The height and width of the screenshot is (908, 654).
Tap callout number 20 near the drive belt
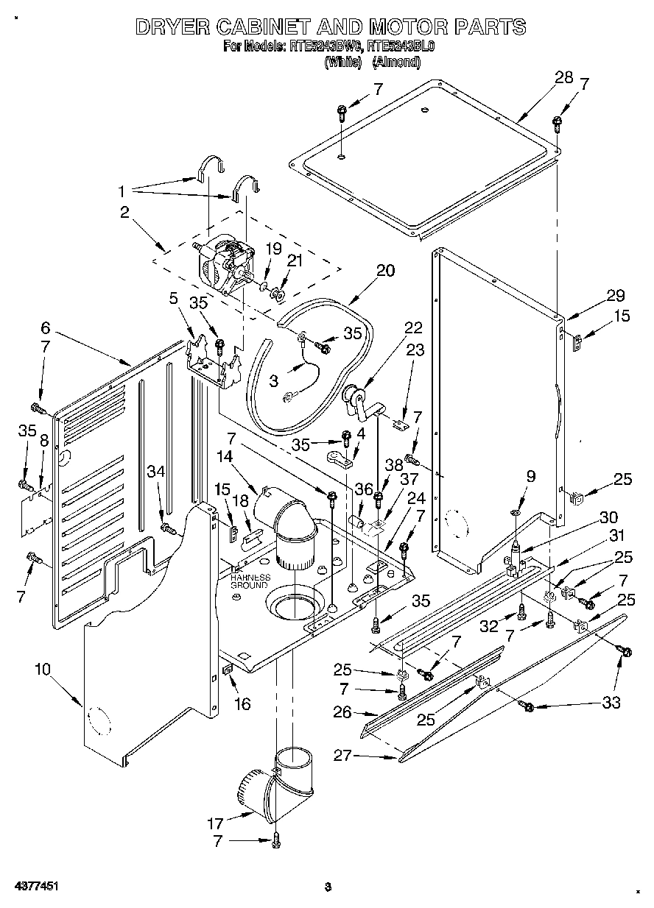[x=385, y=271]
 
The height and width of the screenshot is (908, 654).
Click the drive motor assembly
[x=223, y=267]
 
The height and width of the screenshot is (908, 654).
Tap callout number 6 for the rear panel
[x=45, y=327]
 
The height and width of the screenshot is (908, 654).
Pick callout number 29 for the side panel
[x=615, y=297]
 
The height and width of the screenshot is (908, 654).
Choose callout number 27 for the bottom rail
[x=361, y=754]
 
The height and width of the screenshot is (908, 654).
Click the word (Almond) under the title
[x=396, y=63]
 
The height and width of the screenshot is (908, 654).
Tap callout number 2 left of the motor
[x=124, y=213]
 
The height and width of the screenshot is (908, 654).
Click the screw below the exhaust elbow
[x=276, y=840]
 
